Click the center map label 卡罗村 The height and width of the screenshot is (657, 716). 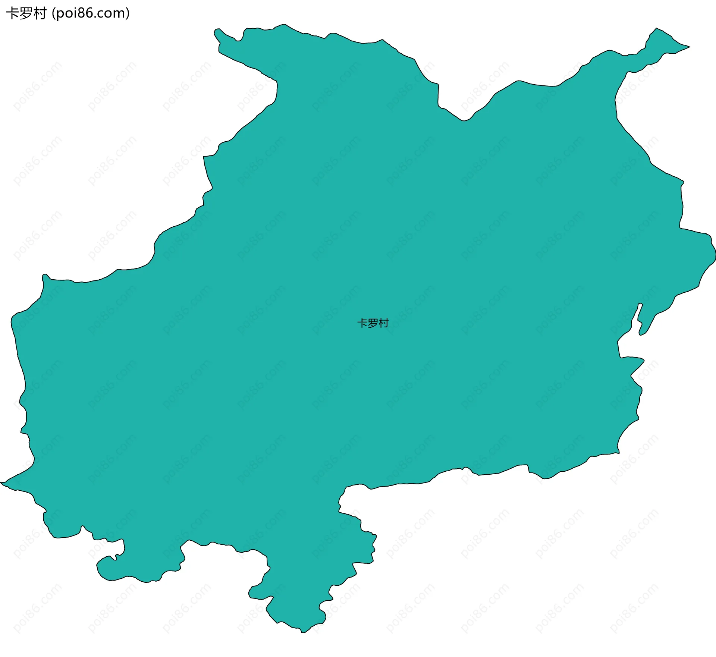coord(373,323)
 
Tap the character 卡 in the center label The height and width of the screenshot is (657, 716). coord(362,323)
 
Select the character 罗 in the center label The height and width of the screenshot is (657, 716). coord(373,323)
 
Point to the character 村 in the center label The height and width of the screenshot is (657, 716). coord(384,323)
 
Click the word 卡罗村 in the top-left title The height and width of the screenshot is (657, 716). coord(26,13)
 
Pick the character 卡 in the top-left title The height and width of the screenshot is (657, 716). coord(12,13)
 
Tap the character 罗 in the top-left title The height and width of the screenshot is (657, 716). coord(26,13)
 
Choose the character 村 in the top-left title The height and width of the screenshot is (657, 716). coord(40,13)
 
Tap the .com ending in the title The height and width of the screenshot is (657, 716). coord(110,13)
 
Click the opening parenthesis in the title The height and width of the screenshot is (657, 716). coord(53,13)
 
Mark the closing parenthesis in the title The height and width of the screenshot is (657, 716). coord(128,13)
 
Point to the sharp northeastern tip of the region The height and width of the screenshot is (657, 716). coord(689,47)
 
